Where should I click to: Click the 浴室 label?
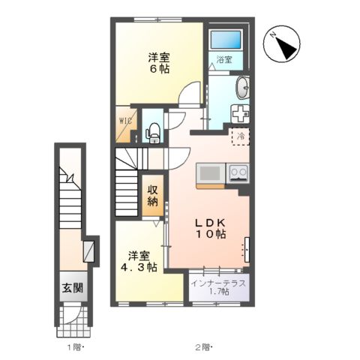[x=224, y=60]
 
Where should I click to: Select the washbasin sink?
[x=243, y=88]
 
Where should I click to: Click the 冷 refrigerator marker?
[x=241, y=136]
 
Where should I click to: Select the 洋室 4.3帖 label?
[x=141, y=260]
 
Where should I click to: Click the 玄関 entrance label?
[x=73, y=289]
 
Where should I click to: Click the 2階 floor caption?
[x=202, y=346]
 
